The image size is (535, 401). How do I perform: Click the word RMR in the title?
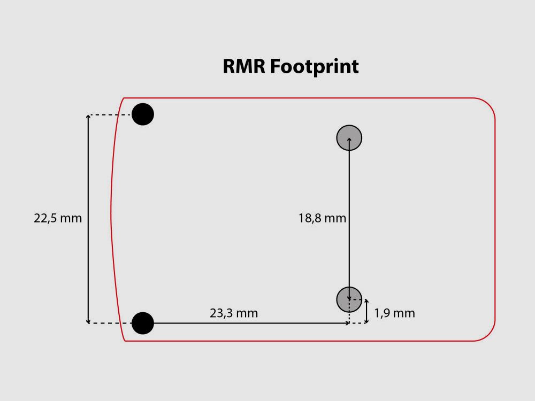coord(244,66)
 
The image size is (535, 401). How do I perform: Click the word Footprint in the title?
coord(314,67)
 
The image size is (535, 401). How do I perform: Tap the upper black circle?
coord(143,114)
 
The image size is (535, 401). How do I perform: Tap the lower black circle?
coord(143,323)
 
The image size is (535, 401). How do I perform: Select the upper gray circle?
coord(349,138)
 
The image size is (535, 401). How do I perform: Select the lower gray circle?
coord(349,299)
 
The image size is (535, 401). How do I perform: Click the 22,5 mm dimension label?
coord(58,219)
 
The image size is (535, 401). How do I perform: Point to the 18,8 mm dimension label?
coord(323,219)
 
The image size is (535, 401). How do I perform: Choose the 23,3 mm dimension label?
coord(234,313)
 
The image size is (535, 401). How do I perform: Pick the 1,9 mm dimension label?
coord(395,313)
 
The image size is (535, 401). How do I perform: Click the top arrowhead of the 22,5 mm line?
coord(88,116)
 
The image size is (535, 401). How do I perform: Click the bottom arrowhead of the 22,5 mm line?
coord(88,321)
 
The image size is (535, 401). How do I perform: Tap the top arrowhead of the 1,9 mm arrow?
coord(366,300)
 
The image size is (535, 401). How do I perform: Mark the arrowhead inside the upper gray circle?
coord(349,140)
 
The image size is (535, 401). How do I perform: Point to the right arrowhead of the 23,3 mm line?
coord(347,323)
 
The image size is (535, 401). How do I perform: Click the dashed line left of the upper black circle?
coord(110,115)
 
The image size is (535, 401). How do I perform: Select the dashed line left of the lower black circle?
coord(110,323)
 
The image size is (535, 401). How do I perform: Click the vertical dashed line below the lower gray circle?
coord(349,318)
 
